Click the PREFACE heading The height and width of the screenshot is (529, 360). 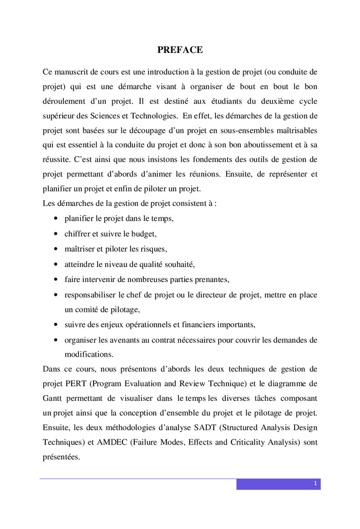tap(180, 50)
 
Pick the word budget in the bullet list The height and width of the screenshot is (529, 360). tap(143, 233)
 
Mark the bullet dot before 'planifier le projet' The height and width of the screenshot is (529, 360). tap(55, 218)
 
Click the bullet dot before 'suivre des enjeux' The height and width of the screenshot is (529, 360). tap(55, 325)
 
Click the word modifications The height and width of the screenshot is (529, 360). tap(88, 355)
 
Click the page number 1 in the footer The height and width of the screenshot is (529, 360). tap(314, 484)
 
